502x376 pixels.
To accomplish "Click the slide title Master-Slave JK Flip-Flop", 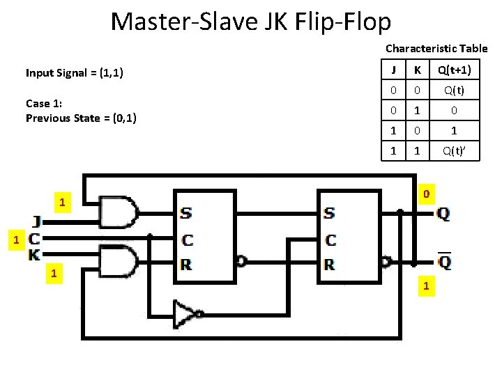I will tap(251, 22).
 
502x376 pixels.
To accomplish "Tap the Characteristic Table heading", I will tap(436, 49).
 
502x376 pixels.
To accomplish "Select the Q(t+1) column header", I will tap(454, 70).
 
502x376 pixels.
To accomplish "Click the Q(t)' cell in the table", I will tap(454, 150).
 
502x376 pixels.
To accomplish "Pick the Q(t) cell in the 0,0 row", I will tap(454, 91).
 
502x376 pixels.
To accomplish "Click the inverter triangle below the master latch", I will tap(187, 313).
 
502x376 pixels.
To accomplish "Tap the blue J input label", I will tap(36, 222).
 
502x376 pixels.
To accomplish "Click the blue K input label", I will tap(34, 255).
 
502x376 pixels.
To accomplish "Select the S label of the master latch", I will tap(186, 213).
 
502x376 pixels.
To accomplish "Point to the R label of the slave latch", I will tap(330, 264).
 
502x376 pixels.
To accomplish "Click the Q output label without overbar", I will tap(443, 214).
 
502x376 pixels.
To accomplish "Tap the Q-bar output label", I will tap(443, 262).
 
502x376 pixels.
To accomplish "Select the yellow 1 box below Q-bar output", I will tap(425, 286).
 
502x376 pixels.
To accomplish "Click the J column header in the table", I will tap(394, 70).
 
